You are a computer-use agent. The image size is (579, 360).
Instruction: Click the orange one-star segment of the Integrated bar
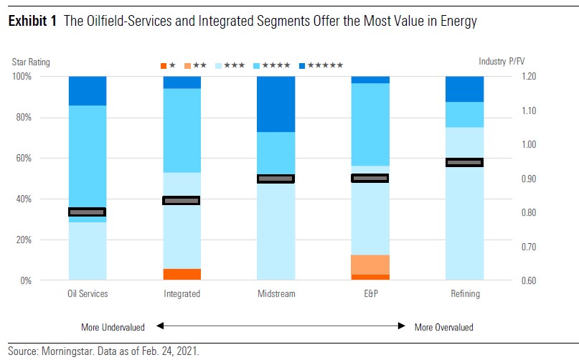[x=182, y=275]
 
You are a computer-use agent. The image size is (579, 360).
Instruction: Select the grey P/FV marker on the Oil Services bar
[x=88, y=212]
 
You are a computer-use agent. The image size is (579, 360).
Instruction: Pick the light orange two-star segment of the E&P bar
[x=370, y=265]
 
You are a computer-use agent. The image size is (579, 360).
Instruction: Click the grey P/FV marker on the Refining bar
[x=464, y=163]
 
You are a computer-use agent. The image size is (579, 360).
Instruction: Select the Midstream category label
[x=276, y=294]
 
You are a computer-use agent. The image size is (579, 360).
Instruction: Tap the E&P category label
[x=370, y=294]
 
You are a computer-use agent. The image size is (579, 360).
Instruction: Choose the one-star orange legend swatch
[x=164, y=66]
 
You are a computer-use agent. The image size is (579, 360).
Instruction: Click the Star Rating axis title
[x=32, y=62]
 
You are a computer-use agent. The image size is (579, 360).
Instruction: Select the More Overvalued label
[x=444, y=327]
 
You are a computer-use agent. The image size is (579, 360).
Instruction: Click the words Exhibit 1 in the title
[x=33, y=22]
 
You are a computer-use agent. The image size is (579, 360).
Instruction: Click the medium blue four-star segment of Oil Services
[x=88, y=154]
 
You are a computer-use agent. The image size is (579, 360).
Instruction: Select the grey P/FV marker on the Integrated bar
[x=182, y=201]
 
